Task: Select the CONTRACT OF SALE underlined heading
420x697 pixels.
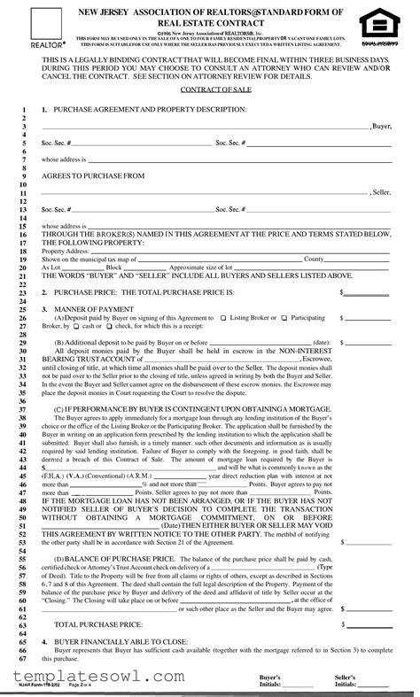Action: [x=209, y=90]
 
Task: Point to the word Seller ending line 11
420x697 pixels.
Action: [x=381, y=192]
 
